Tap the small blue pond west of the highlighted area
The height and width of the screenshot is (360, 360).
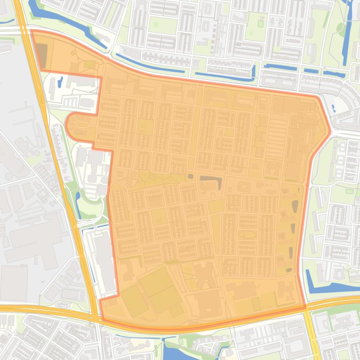[60, 82]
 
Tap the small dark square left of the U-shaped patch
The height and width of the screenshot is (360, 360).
[190, 176]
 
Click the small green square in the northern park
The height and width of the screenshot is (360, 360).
[155, 24]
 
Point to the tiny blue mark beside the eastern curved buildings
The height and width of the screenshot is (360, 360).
[333, 108]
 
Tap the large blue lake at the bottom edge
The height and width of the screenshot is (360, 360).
[173, 351]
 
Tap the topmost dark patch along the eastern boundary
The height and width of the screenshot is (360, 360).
[295, 206]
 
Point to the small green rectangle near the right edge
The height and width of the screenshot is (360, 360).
[349, 191]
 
